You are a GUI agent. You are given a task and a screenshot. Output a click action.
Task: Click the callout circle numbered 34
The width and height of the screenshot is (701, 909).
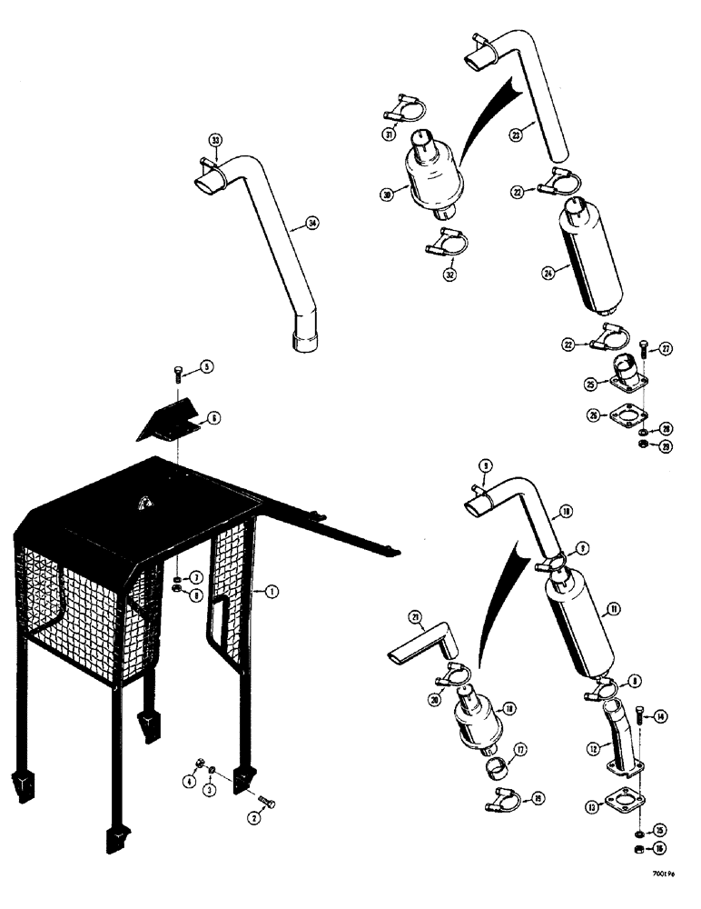(312, 223)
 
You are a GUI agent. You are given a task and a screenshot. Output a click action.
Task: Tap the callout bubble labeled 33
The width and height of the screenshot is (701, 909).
(215, 140)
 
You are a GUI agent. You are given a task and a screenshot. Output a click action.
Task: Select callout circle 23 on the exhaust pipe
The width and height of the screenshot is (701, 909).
(516, 135)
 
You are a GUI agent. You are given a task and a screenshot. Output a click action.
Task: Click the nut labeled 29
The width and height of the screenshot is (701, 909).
(644, 445)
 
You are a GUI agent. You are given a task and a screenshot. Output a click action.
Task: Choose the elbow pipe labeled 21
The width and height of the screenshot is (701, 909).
(424, 641)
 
